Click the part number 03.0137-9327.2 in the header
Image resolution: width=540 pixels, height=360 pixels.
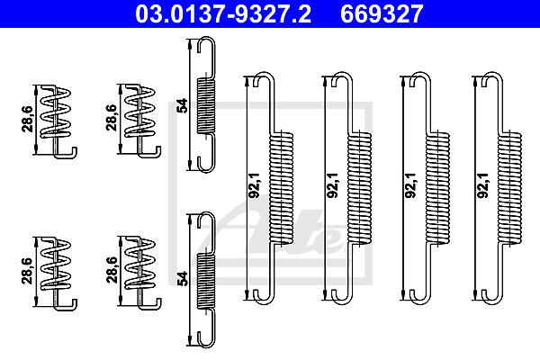click(x=223, y=13)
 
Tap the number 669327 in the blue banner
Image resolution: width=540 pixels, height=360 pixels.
click(x=382, y=13)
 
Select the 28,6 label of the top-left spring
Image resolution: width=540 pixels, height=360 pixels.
click(x=28, y=119)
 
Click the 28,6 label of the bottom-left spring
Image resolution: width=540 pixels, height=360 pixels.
click(x=28, y=271)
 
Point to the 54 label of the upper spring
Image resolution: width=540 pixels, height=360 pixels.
click(x=182, y=105)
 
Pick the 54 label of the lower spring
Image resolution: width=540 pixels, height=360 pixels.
click(x=182, y=278)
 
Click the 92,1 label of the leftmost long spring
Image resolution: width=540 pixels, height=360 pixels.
click(x=254, y=185)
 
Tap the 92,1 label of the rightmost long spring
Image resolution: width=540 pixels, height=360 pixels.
click(x=482, y=185)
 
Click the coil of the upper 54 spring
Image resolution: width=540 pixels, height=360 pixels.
click(x=206, y=105)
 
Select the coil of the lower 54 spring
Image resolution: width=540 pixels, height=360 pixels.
click(x=206, y=281)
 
